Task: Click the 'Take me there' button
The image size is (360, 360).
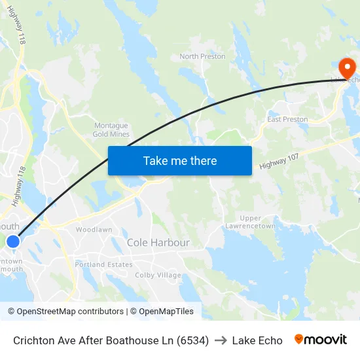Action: [x=180, y=160]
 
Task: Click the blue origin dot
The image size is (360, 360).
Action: [x=13, y=242]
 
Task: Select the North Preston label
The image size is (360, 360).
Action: [x=202, y=56]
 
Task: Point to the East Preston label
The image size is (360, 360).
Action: [x=287, y=120]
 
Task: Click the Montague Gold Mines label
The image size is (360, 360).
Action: [x=111, y=130]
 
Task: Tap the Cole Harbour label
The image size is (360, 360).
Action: [x=158, y=243]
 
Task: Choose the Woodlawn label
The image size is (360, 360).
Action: [x=94, y=230]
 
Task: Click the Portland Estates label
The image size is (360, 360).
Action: [x=103, y=264]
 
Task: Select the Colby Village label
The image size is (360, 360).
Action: [x=158, y=275]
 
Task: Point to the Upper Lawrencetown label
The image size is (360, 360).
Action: [x=250, y=222]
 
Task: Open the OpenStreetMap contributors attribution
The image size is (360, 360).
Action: [x=70, y=312]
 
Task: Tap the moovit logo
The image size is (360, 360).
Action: [x=320, y=340]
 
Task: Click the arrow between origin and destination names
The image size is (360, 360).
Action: [x=220, y=340]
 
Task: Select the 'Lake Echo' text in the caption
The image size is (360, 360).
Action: [x=257, y=340]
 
